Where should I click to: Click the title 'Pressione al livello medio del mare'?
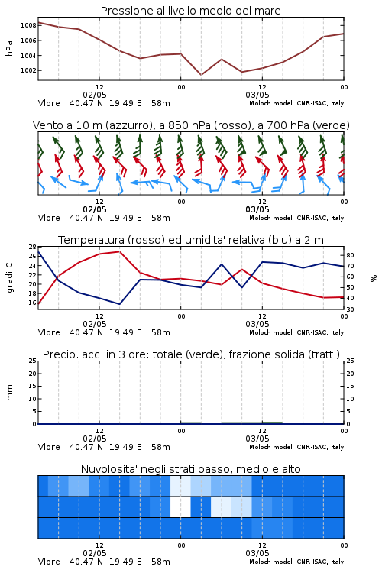point(190,11)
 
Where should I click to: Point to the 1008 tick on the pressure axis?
point(28,25)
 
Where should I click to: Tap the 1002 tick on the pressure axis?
point(28,70)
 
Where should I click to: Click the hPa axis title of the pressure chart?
point(9,48)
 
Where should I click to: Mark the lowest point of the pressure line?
point(201,75)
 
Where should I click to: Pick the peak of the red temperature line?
point(119,251)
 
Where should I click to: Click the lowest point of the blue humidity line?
point(119,304)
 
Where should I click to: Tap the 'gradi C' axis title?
point(9,278)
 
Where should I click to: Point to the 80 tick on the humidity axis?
point(350,255)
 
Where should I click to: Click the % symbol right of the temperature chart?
point(374,278)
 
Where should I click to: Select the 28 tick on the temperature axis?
point(32,247)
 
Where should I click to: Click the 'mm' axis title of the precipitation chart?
point(9,393)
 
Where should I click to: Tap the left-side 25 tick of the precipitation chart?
point(32,361)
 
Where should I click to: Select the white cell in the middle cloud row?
point(180,507)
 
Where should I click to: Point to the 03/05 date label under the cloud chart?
point(257,553)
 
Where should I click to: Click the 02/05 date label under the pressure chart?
point(95,95)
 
